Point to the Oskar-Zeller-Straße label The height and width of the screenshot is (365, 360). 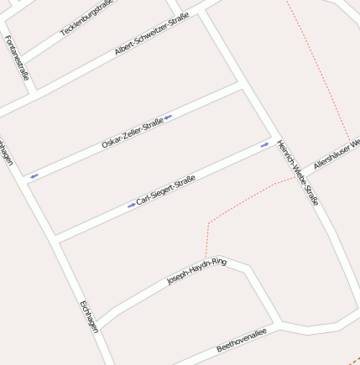pyautogui.click(x=132, y=134)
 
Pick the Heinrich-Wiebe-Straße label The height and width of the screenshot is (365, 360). pyautogui.click(x=298, y=172)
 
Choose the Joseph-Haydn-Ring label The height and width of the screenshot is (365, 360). pyautogui.click(x=196, y=272)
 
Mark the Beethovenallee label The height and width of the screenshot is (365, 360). pyautogui.click(x=241, y=340)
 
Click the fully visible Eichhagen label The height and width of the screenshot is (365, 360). pyautogui.click(x=89, y=316)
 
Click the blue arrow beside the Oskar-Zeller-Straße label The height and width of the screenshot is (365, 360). pyautogui.click(x=169, y=117)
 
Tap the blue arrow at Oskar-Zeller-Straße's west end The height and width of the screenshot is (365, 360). pyautogui.click(x=34, y=176)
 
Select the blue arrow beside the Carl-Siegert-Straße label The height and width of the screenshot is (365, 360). pyautogui.click(x=131, y=205)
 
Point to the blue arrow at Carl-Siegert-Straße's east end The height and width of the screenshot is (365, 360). pyautogui.click(x=264, y=145)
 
